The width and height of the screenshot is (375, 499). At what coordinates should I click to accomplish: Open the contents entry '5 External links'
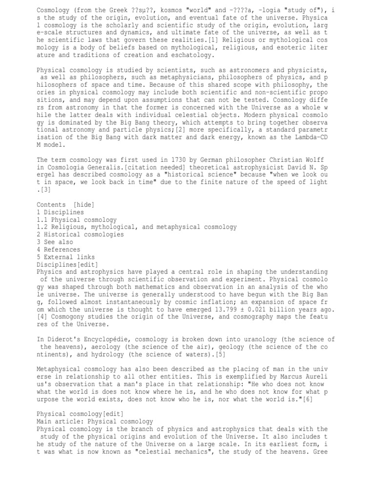pos(66,257)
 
